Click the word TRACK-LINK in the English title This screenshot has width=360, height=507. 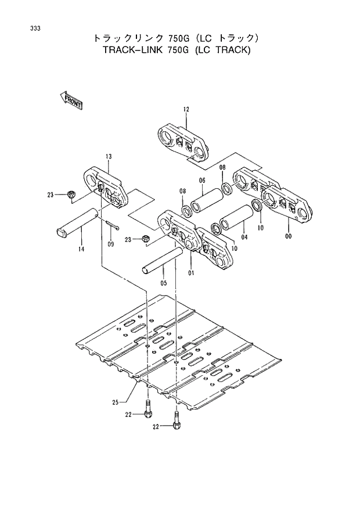click(x=134, y=50)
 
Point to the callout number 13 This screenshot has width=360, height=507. click(x=108, y=157)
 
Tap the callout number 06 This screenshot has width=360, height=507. click(x=203, y=180)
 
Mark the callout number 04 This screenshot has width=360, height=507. click(x=244, y=236)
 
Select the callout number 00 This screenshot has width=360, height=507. click(x=289, y=236)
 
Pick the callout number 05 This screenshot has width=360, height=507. click(x=163, y=283)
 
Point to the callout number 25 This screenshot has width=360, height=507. click(x=116, y=402)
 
